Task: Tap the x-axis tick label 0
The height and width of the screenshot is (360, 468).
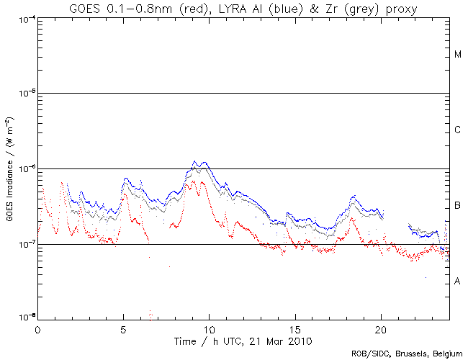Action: click(37, 329)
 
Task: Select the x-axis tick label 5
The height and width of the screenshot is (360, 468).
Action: click(123, 329)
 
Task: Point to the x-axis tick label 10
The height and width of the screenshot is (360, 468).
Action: click(209, 329)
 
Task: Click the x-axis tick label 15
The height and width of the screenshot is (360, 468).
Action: click(294, 329)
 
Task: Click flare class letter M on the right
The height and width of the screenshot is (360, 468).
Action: click(458, 55)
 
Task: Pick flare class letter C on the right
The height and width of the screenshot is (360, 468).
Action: click(458, 130)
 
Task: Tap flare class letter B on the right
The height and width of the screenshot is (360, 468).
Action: click(458, 206)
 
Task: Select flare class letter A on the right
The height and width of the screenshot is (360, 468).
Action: click(458, 282)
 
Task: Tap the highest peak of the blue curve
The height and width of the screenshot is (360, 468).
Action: click(194, 162)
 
